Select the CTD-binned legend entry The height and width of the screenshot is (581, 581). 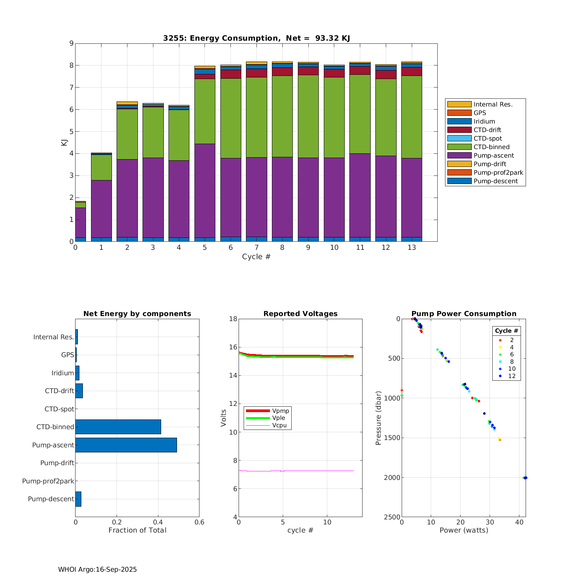click(492, 147)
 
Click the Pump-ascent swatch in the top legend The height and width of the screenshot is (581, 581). click(459, 155)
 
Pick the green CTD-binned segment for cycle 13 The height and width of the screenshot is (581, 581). click(411, 117)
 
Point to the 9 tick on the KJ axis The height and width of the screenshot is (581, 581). click(71, 43)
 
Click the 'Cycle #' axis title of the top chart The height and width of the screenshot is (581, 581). click(256, 257)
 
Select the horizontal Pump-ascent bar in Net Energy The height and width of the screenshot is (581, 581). click(126, 445)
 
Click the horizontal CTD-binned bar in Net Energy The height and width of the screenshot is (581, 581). click(118, 427)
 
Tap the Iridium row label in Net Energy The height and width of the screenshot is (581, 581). click(62, 373)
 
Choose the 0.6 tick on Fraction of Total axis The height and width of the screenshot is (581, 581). click(199, 522)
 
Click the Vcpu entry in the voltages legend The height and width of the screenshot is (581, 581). click(279, 425)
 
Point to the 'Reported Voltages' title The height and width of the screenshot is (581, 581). click(300, 314)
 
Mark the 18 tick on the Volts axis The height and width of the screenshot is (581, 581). click(233, 319)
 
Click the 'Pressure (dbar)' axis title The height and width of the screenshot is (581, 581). click(378, 418)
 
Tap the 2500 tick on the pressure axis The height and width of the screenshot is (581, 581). click(392, 517)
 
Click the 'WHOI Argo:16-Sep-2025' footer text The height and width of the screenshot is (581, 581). click(97, 569)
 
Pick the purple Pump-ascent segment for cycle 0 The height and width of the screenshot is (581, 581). click(81, 223)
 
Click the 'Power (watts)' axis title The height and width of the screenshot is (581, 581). click(464, 530)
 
